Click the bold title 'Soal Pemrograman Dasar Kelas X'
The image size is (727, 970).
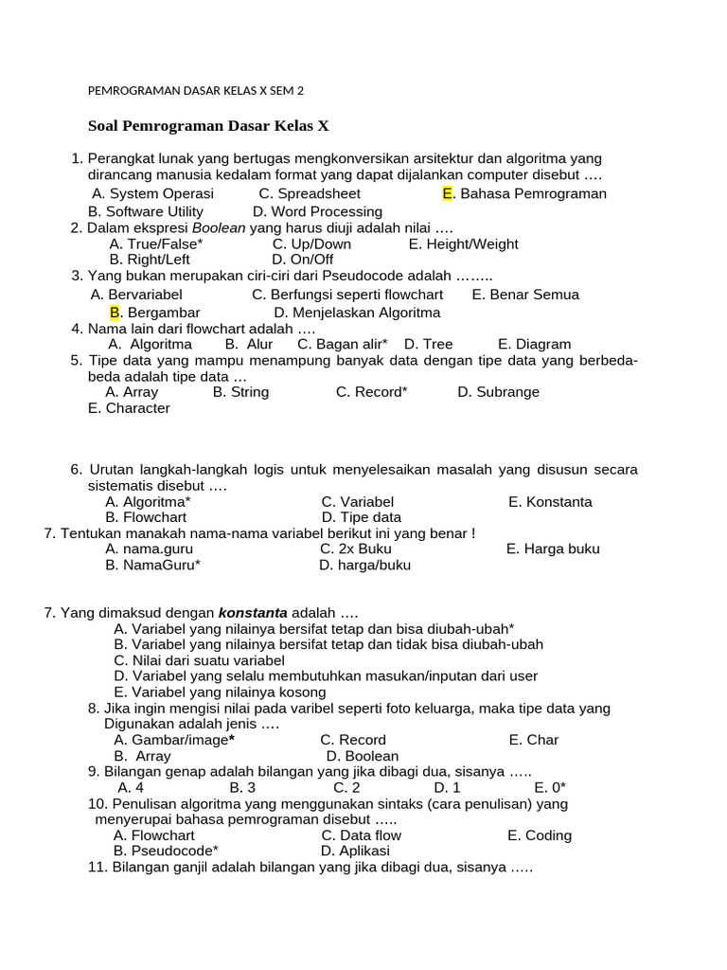point(208,126)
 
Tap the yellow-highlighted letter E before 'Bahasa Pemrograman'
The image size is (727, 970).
point(449,194)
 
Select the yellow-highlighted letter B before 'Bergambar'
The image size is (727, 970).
point(115,313)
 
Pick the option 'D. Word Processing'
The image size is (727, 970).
point(317,211)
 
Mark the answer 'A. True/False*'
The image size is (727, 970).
point(156,244)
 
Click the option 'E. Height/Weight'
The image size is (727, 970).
point(463,244)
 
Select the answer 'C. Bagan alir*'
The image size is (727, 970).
point(342,345)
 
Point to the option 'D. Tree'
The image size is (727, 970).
point(428,345)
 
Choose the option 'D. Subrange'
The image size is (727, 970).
point(498,392)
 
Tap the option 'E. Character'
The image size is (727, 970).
point(129,408)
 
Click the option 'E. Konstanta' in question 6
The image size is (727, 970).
point(550,502)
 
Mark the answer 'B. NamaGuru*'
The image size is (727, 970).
point(152,566)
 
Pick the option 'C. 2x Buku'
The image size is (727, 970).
point(355,549)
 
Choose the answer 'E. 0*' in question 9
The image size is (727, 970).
point(549,787)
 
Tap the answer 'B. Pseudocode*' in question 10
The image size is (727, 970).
point(166,851)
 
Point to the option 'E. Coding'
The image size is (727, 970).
point(539,835)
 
